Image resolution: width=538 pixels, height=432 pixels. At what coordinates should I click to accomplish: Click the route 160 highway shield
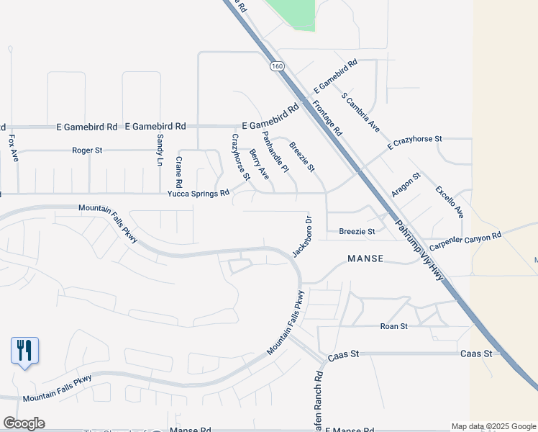pyautogui.click(x=278, y=66)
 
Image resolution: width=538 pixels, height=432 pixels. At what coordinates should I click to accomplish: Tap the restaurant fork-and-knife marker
pyautogui.click(x=24, y=351)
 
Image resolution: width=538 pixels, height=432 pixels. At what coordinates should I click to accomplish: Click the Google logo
pyautogui.click(x=24, y=423)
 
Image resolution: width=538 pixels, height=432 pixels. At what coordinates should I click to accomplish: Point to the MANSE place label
pyautogui.click(x=365, y=258)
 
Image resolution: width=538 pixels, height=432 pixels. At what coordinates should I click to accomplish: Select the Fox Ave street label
pyautogui.click(x=12, y=146)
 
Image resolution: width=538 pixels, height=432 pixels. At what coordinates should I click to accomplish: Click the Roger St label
pyautogui.click(x=88, y=150)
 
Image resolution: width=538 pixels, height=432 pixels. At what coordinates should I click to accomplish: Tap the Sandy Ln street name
pyautogui.click(x=160, y=149)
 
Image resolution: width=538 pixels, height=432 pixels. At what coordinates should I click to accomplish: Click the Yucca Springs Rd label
pyautogui.click(x=199, y=193)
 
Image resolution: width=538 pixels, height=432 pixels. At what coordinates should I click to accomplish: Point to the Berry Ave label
pyautogui.click(x=259, y=164)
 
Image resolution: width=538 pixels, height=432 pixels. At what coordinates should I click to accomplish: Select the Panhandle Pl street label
pyautogui.click(x=275, y=152)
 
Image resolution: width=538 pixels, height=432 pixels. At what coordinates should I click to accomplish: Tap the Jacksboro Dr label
pyautogui.click(x=302, y=237)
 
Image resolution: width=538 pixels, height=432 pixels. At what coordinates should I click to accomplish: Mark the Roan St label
pyautogui.click(x=393, y=326)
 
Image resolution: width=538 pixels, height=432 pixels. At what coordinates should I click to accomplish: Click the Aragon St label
pyautogui.click(x=406, y=186)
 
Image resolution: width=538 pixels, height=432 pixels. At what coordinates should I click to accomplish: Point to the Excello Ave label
pyautogui.click(x=450, y=202)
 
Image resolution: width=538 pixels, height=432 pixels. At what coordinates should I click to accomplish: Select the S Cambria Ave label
pyautogui.click(x=360, y=112)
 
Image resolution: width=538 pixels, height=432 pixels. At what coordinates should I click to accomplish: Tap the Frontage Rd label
pyautogui.click(x=327, y=119)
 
